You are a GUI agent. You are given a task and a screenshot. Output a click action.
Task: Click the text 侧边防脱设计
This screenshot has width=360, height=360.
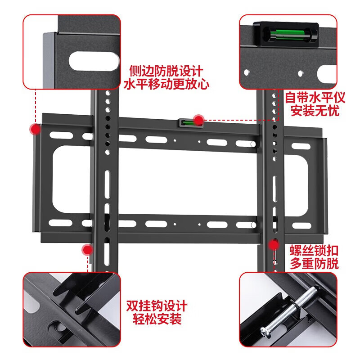tap(166, 71)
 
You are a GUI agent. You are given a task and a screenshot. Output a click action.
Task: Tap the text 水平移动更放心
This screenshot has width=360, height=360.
tap(166, 84)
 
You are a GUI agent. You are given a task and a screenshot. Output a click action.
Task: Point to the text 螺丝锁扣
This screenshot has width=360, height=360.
tap(315, 251)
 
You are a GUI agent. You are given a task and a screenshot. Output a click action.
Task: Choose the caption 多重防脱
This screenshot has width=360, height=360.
tap(315, 264)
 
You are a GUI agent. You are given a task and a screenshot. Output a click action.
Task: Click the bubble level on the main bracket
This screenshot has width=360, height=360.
tap(188, 122)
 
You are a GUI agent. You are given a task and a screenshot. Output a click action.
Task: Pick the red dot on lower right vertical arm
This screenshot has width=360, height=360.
tap(274, 244)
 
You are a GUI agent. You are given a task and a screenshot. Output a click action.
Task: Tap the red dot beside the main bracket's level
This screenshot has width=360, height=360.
tap(198, 119)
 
